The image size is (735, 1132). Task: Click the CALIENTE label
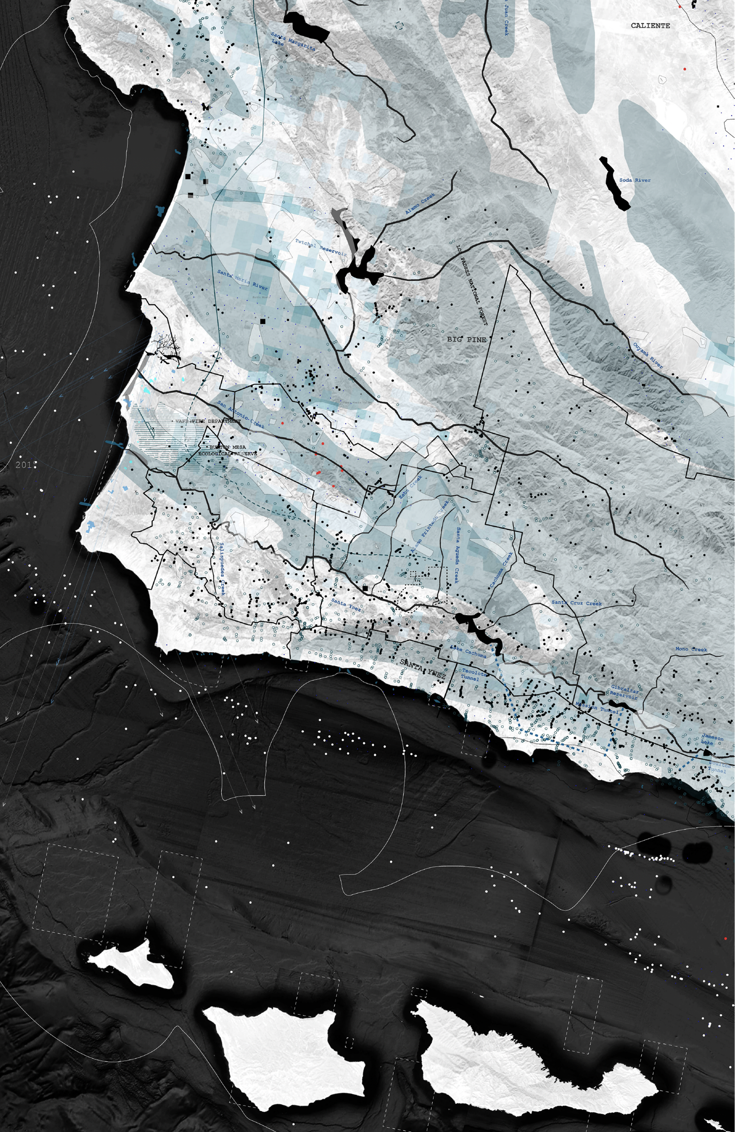pos(650,26)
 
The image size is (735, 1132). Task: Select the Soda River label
pos(635,180)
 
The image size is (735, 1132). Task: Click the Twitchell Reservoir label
pos(321,248)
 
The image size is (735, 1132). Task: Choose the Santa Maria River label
pos(243,280)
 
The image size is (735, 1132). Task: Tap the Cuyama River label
pos(648,355)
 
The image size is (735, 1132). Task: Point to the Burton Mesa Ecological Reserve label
pos(228,451)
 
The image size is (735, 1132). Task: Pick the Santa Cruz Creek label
pos(576,603)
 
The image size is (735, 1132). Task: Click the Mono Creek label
pos(691,649)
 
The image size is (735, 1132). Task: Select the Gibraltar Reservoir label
pos(625,691)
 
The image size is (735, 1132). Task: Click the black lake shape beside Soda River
pos(614,183)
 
